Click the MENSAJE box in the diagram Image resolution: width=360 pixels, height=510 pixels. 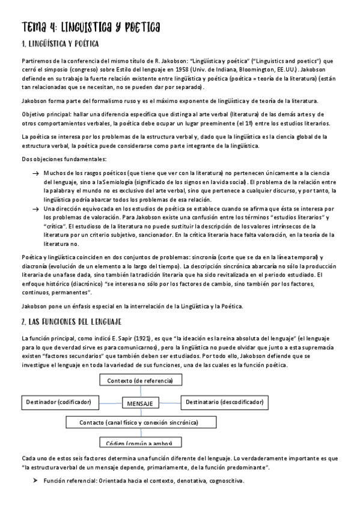tap(139, 402)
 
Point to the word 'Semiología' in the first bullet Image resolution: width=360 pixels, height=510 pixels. tap(138, 182)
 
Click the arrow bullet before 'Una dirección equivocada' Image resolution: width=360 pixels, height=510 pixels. tap(35, 208)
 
